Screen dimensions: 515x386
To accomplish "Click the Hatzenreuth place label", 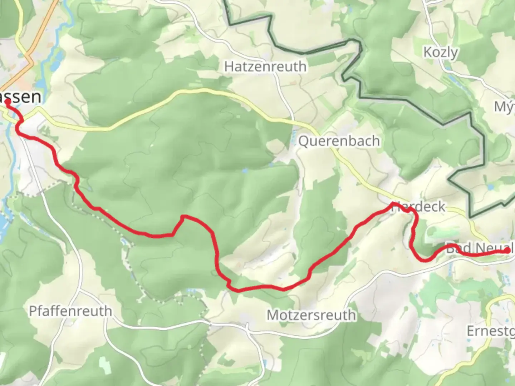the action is [265, 66].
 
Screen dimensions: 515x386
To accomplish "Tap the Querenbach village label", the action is [339, 141].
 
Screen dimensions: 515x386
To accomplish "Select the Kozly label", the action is [440, 53].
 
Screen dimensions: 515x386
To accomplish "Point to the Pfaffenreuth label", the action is [70, 311].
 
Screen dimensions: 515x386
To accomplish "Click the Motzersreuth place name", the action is [311, 315].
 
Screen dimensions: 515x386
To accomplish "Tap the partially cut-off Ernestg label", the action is [490, 331].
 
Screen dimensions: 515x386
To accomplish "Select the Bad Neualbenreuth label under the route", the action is [479, 248].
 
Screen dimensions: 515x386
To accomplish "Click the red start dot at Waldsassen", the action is [8, 102].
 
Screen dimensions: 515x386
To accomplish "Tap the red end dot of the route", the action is [508, 251].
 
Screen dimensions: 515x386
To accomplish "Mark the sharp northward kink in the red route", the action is [182, 217].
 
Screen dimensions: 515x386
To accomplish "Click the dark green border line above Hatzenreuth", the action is [304, 53].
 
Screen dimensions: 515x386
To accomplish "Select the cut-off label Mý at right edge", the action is [504, 107].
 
